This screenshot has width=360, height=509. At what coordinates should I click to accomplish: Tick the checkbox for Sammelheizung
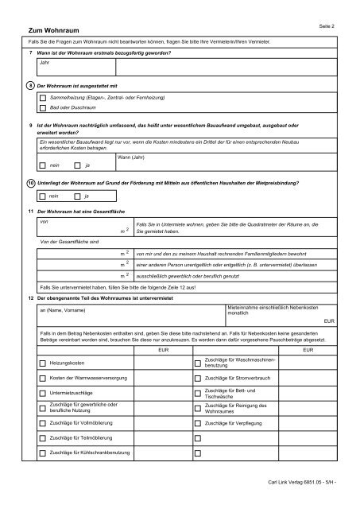click(43, 96)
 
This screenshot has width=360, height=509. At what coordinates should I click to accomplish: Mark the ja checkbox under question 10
click(77, 196)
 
